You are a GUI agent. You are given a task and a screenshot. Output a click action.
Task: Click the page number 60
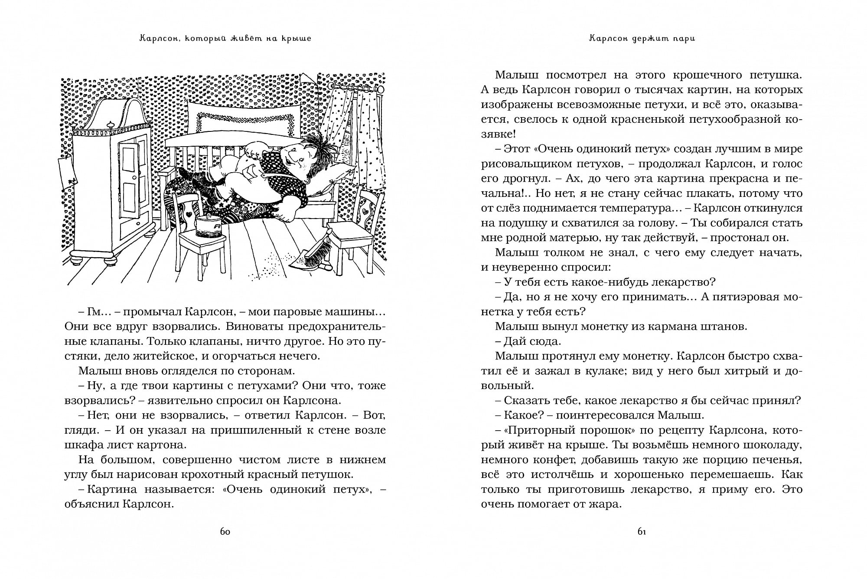[225, 532]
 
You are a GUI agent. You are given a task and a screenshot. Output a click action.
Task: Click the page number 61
[642, 532]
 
